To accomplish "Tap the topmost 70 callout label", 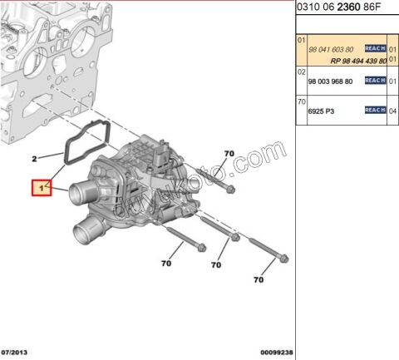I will click(230, 155).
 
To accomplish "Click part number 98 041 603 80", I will click(331, 49).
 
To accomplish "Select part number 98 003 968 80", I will click(331, 81).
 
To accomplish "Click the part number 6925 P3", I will click(320, 111).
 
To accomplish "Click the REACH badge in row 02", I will click(375, 81).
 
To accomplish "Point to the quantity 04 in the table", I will click(392, 111).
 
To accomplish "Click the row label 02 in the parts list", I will click(303, 72).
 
